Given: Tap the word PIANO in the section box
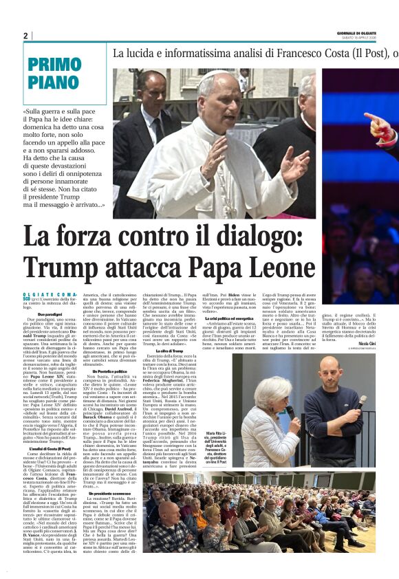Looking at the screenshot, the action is [x=54, y=83].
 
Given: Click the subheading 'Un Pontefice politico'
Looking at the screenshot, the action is [x=111, y=371].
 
